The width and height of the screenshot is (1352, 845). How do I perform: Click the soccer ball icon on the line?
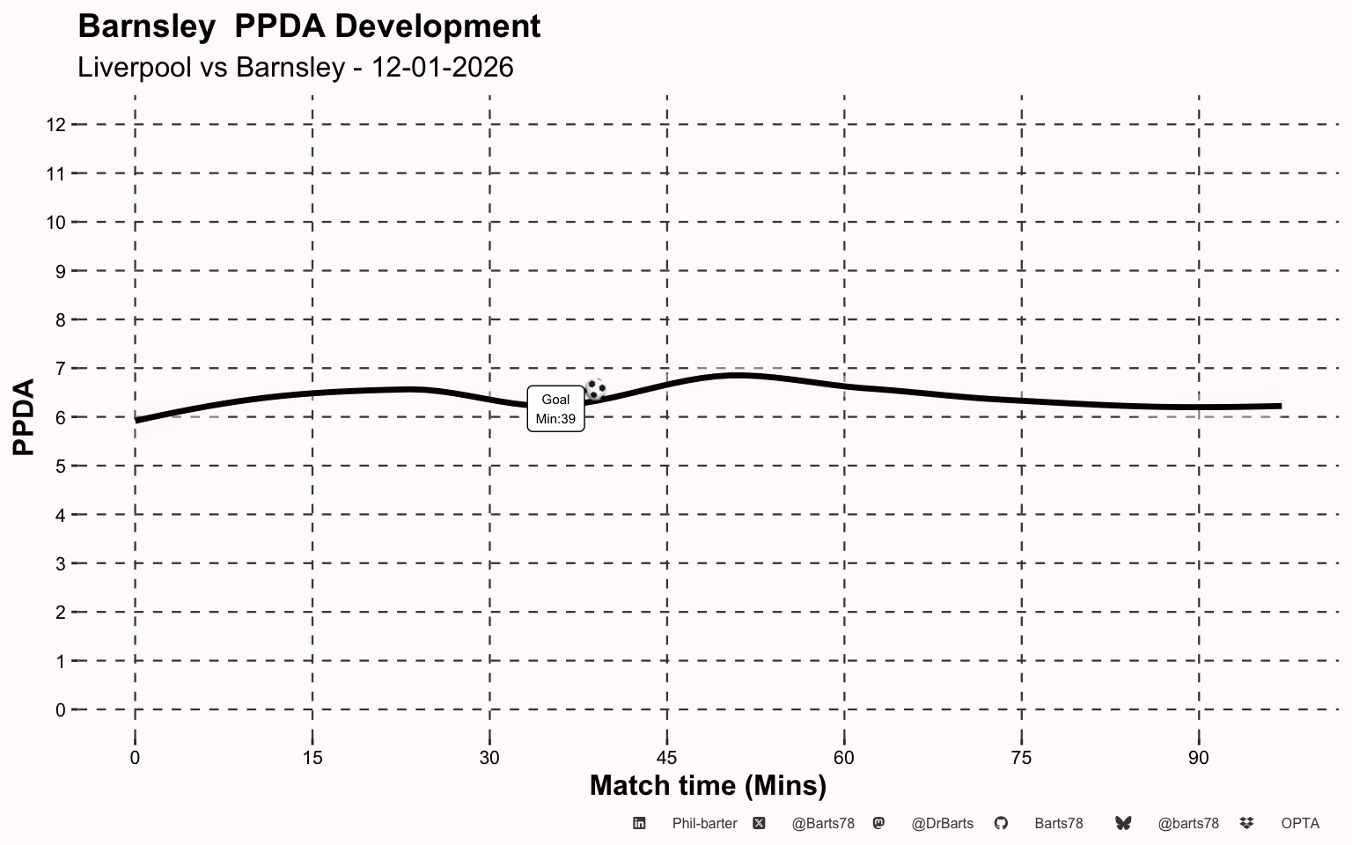click(x=595, y=389)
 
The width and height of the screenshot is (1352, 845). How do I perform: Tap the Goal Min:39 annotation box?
click(x=555, y=408)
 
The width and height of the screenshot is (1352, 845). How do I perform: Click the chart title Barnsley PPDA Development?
click(x=309, y=26)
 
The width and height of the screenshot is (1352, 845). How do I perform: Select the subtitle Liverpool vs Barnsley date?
click(x=296, y=67)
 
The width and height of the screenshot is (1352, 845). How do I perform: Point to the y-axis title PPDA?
click(x=24, y=416)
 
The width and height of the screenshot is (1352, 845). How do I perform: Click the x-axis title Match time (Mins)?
click(x=708, y=786)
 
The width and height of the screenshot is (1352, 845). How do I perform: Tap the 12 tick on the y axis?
click(x=56, y=125)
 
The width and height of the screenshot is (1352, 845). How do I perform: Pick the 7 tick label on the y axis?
click(x=61, y=369)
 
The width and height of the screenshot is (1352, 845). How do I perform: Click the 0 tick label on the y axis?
click(x=61, y=710)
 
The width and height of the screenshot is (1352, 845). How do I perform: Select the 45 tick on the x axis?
click(x=667, y=758)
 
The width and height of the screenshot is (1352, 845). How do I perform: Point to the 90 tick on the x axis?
click(x=1199, y=758)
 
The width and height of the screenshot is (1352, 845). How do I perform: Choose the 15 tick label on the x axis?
click(x=312, y=758)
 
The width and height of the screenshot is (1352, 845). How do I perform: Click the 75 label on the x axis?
click(x=1021, y=758)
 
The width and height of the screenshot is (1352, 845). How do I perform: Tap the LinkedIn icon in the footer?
click(x=639, y=823)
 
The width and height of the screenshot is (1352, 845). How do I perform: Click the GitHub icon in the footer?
click(x=1001, y=823)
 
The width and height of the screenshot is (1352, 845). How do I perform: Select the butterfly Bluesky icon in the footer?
click(x=1123, y=823)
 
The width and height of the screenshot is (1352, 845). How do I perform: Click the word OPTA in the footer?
click(x=1300, y=824)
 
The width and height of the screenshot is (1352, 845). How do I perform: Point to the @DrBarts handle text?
click(x=942, y=824)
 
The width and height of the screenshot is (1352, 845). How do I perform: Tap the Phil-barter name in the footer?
click(x=704, y=824)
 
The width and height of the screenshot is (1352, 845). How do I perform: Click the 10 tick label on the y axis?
click(x=56, y=223)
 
